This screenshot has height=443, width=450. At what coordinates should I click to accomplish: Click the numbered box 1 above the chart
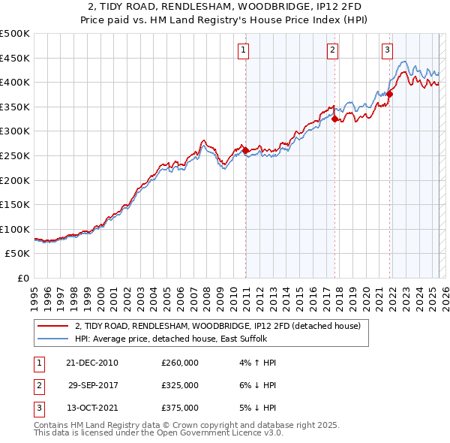pos(244,50)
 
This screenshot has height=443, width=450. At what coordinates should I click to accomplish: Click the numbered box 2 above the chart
pos(332,50)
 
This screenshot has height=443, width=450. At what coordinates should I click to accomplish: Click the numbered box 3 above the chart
pos(387,50)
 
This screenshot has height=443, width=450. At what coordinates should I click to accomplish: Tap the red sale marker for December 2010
pos(245,151)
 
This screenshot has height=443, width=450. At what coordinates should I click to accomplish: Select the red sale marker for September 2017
pos(334,119)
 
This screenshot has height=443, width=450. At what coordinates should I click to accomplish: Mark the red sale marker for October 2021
pos(390,95)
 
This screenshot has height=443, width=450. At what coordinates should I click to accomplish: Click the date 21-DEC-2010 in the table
pos(92,363)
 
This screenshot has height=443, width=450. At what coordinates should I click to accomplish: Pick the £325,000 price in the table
pos(180,385)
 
